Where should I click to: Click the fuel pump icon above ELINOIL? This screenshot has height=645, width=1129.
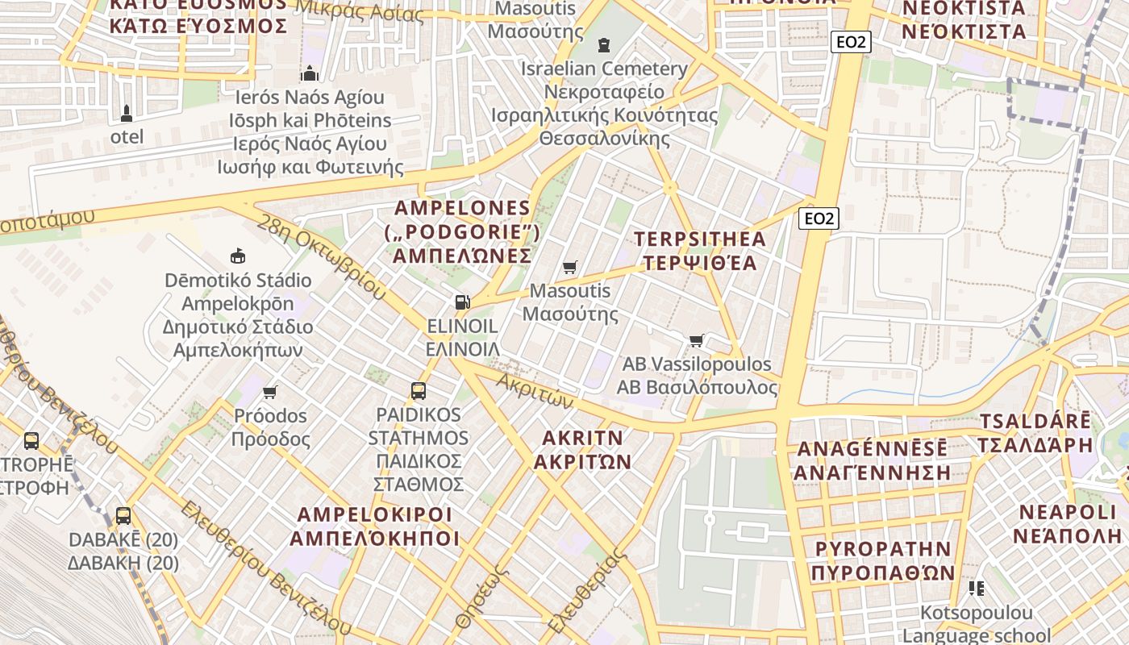coord(462,302)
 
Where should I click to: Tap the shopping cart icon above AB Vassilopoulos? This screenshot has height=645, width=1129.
coord(697,340)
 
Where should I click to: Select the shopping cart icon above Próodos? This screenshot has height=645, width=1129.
coord(270,392)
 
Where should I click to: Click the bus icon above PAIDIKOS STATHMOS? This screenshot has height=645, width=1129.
coord(419,391)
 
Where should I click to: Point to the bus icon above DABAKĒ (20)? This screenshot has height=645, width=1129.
coord(123,516)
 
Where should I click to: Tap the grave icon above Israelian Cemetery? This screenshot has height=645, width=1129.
coord(604,44)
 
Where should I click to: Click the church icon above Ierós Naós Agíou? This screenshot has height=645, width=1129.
coord(310,74)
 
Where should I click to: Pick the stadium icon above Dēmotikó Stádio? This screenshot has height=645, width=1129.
coord(237,256)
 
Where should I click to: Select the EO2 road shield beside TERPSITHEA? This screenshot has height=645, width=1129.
coord(819,218)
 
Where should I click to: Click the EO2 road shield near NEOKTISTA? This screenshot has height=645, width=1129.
coord(851,42)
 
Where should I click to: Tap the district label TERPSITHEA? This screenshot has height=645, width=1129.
coord(699,239)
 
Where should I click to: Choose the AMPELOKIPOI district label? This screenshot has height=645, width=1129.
coord(374,514)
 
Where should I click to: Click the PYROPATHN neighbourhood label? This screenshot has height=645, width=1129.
coord(882,549)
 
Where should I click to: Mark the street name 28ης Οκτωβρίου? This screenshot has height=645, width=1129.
coord(321,256)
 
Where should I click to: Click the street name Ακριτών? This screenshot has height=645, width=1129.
coord(534,390)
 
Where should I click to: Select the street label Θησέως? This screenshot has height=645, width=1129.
coord(481,597)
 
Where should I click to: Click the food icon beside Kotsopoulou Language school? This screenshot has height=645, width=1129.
coord(977,589)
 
